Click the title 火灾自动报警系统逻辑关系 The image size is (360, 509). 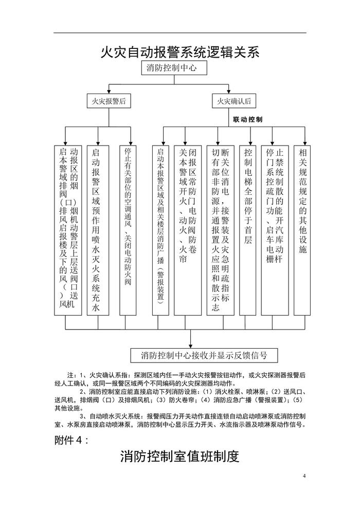coord(179,52)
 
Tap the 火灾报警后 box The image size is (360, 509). coord(108,101)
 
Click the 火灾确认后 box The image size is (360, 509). coord(233,101)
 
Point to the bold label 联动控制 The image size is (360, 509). coord(247,120)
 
